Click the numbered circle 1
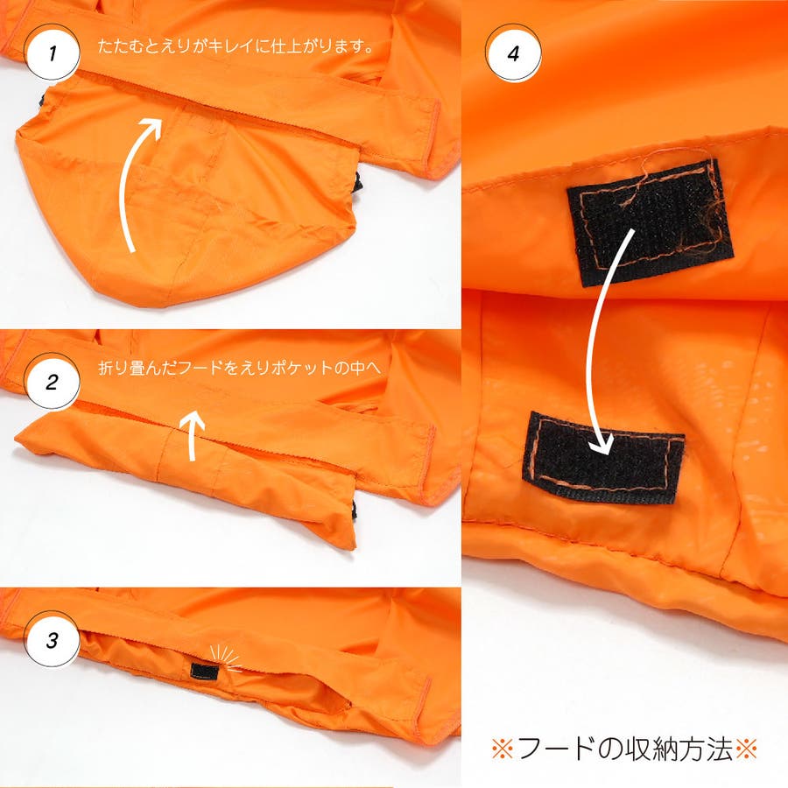[x=53, y=53]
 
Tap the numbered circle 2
[x=53, y=382]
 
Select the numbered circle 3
[x=53, y=640]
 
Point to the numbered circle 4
[x=512, y=53]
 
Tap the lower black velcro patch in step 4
[x=604, y=457]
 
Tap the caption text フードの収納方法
[x=624, y=749]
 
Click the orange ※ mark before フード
[x=502, y=749]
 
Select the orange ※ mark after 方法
[x=746, y=749]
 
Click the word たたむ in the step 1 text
[x=121, y=46]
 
